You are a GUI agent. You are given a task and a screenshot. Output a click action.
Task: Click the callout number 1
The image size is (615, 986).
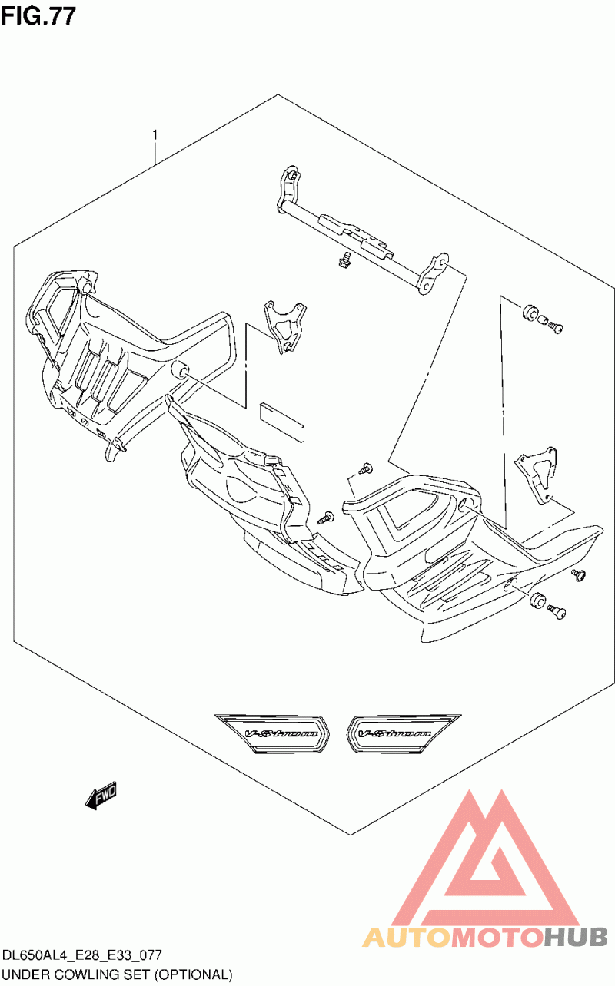pos(155,134)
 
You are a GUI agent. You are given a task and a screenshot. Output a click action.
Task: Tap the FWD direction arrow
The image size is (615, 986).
pos(101,795)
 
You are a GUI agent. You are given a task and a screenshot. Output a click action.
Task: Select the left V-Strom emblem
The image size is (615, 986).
pos(272,733)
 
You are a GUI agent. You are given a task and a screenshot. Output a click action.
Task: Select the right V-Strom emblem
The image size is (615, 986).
pos(403,733)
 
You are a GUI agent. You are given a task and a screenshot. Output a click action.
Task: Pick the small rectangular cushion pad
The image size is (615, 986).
pos(282,422)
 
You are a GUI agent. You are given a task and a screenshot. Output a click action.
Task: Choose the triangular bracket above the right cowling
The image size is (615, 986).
pos(536,474)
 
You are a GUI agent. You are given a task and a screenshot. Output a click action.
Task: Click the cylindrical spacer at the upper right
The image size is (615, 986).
pos(529,313)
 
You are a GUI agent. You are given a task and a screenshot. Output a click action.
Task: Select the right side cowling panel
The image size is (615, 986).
pos(467,554)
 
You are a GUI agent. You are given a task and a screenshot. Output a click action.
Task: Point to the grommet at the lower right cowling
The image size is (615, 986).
pos(537,601)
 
